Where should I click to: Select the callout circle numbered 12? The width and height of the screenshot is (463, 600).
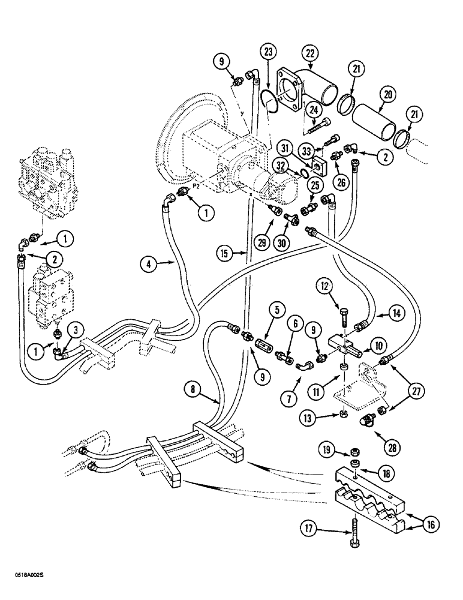coord(325,288)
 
